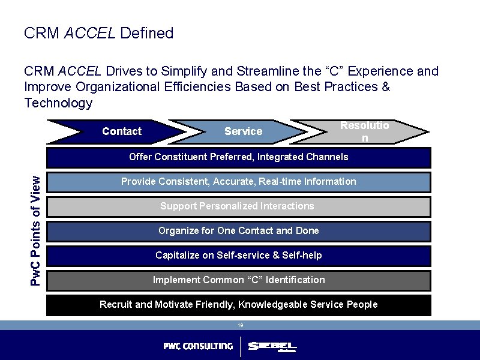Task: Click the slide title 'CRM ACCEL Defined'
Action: [98, 33]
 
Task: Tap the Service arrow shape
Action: [243, 131]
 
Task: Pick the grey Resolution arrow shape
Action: [364, 131]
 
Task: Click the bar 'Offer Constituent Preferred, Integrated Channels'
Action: [238, 157]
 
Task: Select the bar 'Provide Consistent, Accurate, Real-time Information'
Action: [238, 182]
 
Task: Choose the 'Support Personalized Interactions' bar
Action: [238, 206]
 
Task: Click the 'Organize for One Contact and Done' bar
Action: [238, 231]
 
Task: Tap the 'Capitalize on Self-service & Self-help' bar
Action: [238, 256]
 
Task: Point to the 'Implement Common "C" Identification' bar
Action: [238, 280]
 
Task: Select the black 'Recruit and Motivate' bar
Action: [238, 305]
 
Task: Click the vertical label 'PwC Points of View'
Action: [36, 230]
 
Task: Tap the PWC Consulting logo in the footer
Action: [198, 346]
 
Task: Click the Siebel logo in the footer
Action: [272, 347]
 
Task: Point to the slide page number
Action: [240, 325]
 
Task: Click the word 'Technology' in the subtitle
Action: [58, 103]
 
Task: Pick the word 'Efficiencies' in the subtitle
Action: [197, 87]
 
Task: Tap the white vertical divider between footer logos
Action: [241, 347]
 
